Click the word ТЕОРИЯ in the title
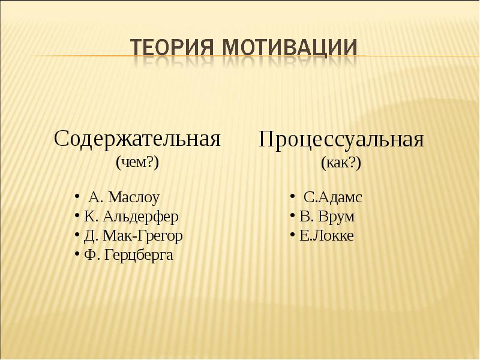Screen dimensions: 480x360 [x=172, y=48]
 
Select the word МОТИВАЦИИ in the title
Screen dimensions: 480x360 [x=290, y=48]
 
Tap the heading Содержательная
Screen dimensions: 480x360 [x=137, y=139]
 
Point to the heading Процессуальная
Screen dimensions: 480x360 [x=341, y=140]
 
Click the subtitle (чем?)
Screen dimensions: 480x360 [x=137, y=162]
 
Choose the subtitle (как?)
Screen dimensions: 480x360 [x=341, y=163]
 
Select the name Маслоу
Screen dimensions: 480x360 [x=134, y=197]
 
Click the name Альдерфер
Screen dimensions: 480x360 [x=140, y=217]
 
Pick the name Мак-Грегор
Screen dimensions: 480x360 [x=143, y=236]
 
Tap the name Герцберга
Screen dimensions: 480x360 [x=139, y=256]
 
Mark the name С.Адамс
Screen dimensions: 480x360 [x=333, y=197]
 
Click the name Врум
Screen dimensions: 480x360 [x=336, y=217]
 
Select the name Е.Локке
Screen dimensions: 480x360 [x=326, y=236]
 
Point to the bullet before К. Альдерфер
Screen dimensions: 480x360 [x=77, y=215]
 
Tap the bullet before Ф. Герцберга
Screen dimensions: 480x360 [x=77, y=254]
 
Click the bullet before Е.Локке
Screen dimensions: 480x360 [x=293, y=235]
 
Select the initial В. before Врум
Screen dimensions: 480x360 [x=307, y=217]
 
